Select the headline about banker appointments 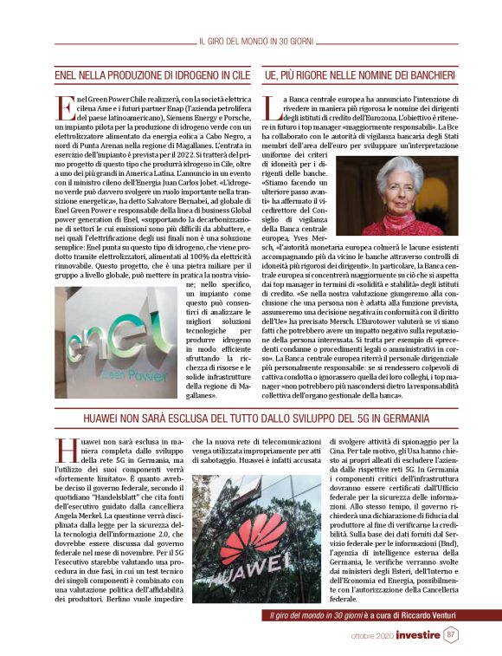[360, 76]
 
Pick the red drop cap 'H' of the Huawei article [66, 450]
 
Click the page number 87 [451, 634]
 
